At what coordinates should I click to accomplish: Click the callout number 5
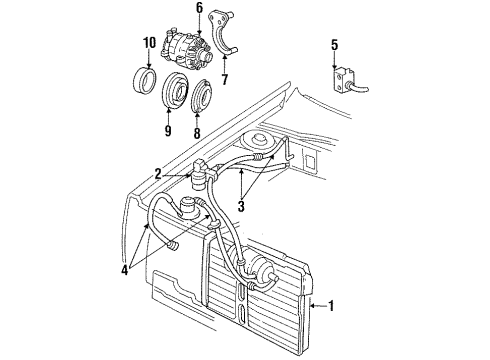click(x=334, y=45)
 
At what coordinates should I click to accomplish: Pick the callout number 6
click(x=198, y=8)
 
